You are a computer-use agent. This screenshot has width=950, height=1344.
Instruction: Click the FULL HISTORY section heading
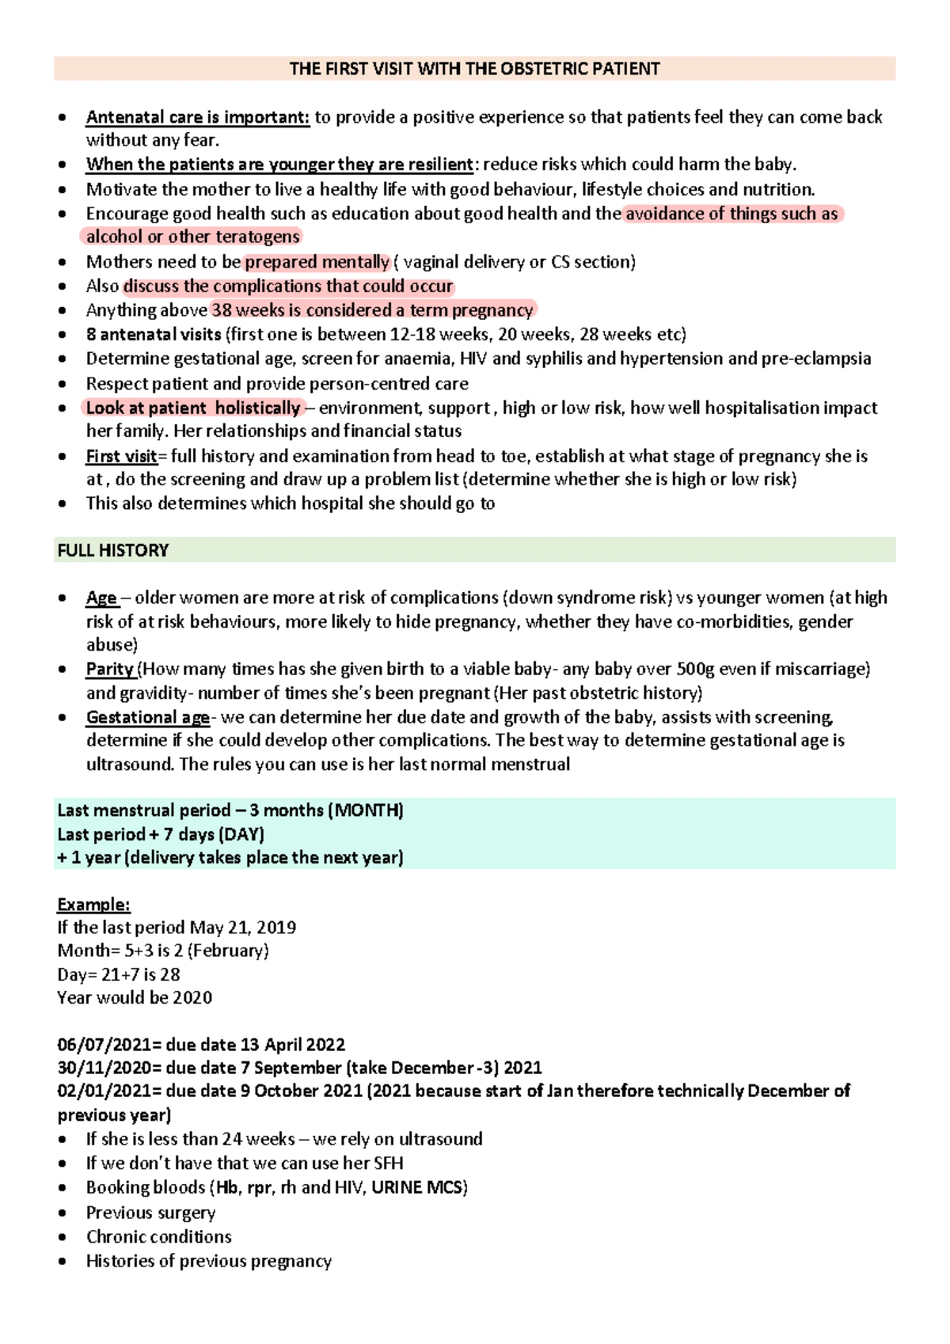click(113, 550)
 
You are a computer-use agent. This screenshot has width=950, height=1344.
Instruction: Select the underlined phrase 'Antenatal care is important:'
click(197, 117)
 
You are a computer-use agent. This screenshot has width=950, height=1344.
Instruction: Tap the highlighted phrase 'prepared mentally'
click(317, 262)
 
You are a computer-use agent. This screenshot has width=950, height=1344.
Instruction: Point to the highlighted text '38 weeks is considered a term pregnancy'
click(372, 310)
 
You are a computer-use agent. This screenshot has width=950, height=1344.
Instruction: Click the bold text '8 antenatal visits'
click(154, 334)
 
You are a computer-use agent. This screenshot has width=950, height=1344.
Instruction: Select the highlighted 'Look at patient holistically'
click(192, 408)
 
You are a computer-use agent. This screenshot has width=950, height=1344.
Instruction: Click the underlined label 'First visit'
click(121, 457)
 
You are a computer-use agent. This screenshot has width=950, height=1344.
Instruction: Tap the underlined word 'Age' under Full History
click(101, 598)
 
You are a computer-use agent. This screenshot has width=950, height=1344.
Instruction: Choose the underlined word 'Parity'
click(110, 669)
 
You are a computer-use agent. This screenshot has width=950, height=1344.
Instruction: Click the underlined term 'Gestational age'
click(147, 717)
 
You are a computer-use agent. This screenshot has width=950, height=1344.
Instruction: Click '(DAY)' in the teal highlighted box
click(242, 834)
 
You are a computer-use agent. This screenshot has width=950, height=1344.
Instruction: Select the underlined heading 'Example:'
click(93, 905)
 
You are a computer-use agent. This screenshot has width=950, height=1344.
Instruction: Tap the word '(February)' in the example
click(228, 951)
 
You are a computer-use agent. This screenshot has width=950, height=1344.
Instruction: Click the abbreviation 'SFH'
click(388, 1164)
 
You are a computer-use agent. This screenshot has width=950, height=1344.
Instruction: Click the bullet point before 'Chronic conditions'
click(63, 1237)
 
